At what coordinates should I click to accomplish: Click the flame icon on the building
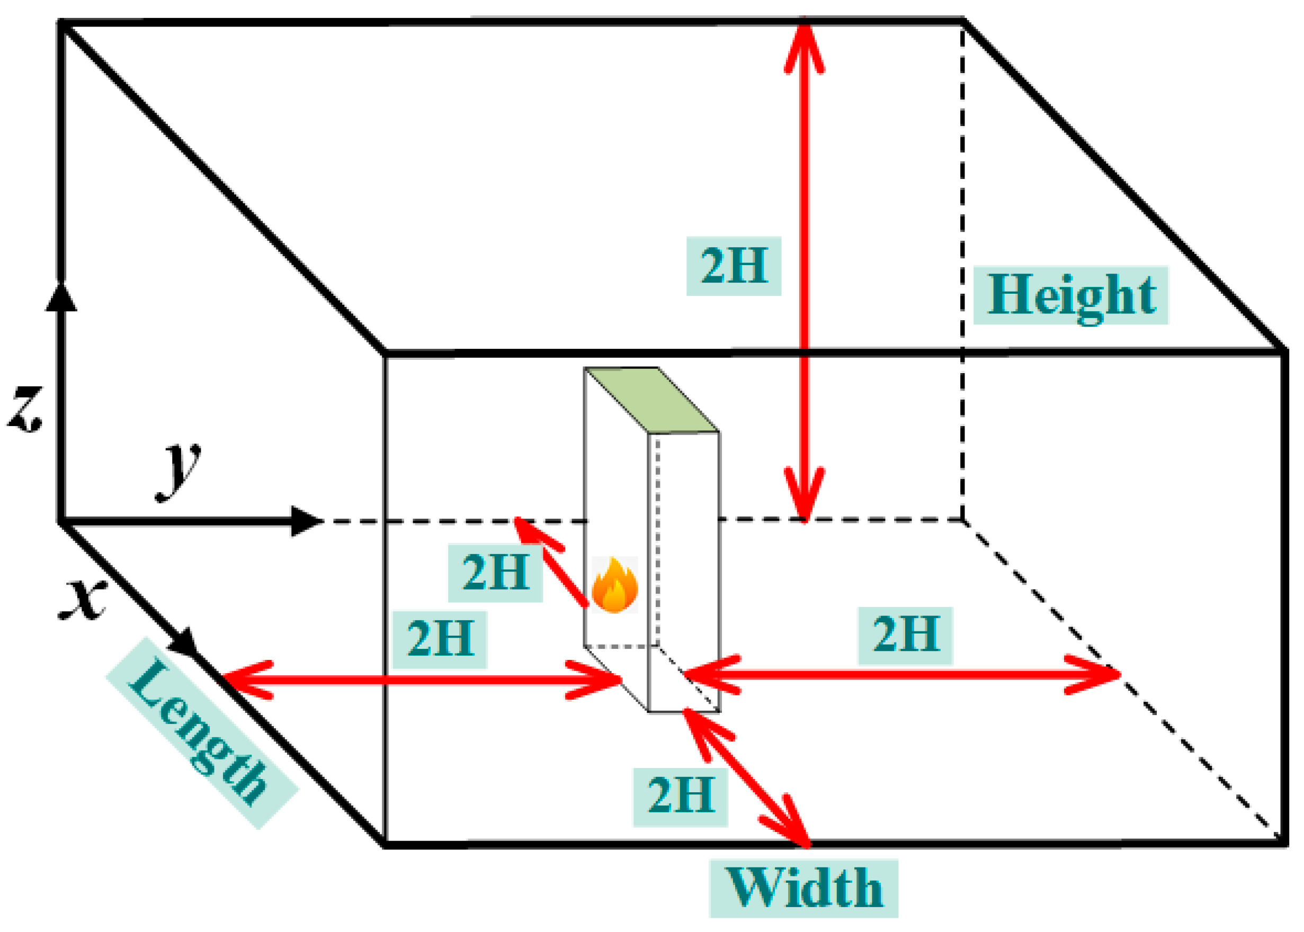[x=614, y=585]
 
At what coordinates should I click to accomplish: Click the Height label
[x=1070, y=295]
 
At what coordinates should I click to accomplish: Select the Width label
[x=803, y=888]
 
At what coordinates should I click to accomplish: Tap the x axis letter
[x=83, y=600]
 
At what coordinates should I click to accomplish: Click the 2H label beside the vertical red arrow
[x=733, y=266]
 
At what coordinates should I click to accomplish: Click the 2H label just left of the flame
[x=495, y=572]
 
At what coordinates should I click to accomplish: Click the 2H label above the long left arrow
[x=440, y=639]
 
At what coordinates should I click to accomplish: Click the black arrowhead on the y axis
[x=305, y=521]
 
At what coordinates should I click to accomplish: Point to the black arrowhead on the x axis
[x=185, y=643]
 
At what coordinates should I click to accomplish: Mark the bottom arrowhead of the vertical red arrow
[x=804, y=499]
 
